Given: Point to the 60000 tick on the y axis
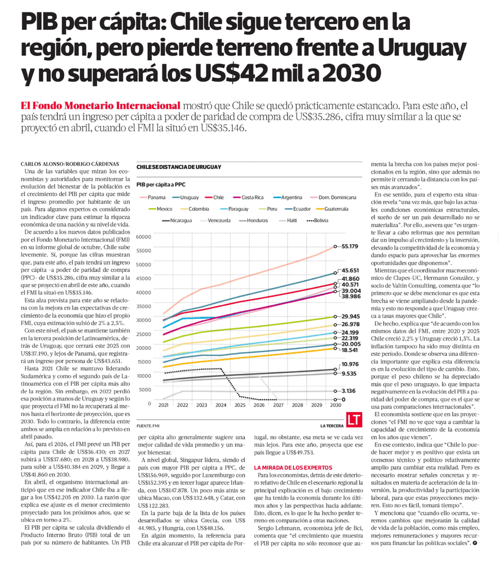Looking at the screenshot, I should [145, 237].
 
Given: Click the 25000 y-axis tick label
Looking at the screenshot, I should [145, 334].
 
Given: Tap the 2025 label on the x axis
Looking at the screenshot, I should [240, 405].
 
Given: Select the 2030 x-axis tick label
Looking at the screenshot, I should [335, 405].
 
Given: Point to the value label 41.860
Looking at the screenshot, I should [350, 279].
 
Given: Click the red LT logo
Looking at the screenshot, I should [354, 419].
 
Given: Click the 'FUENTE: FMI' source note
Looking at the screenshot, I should [147, 425].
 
